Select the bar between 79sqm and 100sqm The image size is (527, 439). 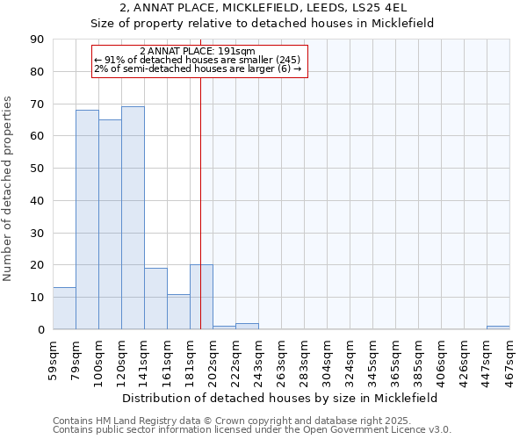(x=87, y=219)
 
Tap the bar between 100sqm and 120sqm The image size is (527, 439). (x=110, y=224)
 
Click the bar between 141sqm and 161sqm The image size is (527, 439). (x=155, y=299)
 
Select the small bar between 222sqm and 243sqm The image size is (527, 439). (x=247, y=327)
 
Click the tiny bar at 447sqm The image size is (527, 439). (x=498, y=327)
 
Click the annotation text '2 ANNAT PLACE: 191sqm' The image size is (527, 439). (x=197, y=52)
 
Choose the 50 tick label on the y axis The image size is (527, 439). (x=38, y=169)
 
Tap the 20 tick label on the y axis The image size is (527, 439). (x=38, y=265)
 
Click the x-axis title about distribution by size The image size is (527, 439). (x=279, y=398)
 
